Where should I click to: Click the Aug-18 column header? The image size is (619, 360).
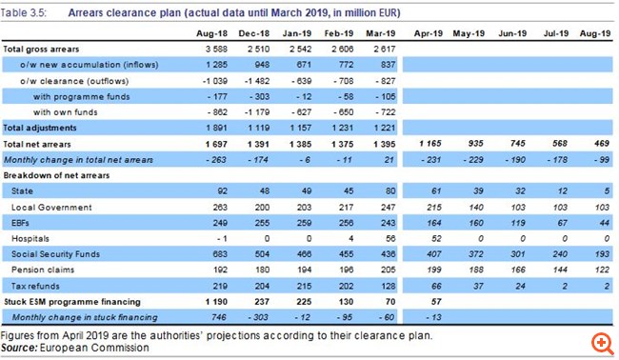pos(211,33)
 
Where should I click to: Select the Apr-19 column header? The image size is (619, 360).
pos(429,33)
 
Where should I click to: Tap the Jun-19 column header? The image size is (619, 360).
pos(512,33)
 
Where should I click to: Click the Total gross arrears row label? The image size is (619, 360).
pos(41,50)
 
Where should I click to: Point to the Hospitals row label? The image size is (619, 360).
pos(30,239)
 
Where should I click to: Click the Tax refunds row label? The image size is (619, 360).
pos(35,286)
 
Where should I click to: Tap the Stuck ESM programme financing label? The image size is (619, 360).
pos(72,302)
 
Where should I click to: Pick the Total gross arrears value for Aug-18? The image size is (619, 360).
pos(216,50)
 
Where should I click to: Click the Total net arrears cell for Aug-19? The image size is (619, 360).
pos(602,144)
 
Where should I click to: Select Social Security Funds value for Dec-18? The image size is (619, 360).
pos(262,254)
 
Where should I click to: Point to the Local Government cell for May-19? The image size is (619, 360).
pos(476,208)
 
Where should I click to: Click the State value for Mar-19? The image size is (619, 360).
pos(390,191)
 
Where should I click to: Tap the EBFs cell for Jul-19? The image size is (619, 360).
pos(562,223)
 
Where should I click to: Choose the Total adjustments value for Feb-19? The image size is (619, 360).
pos(342,128)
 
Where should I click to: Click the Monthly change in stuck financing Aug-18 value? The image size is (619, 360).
pos(219,317)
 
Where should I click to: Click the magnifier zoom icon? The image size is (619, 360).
pos(603,343)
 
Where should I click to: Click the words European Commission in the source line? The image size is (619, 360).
pos(94,348)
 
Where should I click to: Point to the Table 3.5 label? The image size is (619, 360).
pos(23,13)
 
